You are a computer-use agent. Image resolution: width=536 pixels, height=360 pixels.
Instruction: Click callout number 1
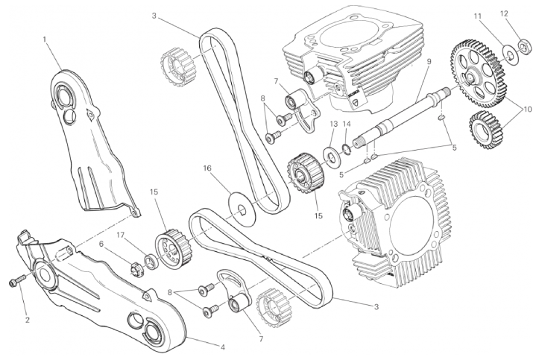click(45, 40)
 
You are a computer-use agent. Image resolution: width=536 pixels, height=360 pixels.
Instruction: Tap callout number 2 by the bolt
click(28, 320)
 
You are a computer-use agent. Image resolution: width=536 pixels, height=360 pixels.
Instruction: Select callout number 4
click(223, 347)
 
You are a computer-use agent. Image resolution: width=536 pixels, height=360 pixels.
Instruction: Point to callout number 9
click(429, 62)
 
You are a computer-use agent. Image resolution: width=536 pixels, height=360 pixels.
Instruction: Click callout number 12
click(514, 13)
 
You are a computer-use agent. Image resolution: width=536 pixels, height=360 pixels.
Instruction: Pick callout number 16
click(207, 168)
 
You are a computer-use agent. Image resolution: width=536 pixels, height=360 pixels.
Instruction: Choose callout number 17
click(120, 236)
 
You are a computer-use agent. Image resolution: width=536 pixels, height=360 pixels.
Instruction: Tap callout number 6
click(101, 244)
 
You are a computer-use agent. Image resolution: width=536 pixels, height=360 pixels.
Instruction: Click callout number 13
click(334, 124)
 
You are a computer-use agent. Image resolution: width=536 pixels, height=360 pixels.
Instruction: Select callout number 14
click(347, 124)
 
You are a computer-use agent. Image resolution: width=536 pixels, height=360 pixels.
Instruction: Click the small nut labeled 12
click(524, 45)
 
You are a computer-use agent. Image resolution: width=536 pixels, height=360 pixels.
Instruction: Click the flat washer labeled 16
click(242, 209)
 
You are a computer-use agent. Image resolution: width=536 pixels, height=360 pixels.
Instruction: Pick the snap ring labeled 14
click(346, 150)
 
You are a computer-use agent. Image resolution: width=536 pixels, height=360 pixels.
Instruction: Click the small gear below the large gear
click(487, 131)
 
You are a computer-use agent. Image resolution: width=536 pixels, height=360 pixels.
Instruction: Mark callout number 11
click(478, 16)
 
